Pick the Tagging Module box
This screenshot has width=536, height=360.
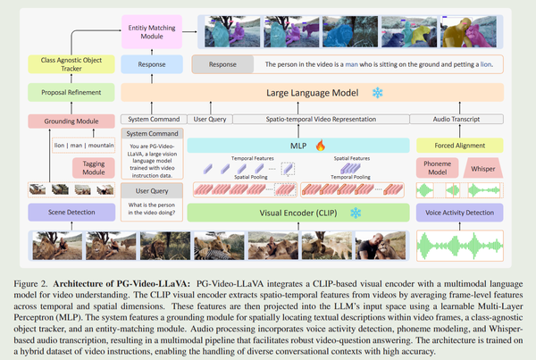(91, 166)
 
